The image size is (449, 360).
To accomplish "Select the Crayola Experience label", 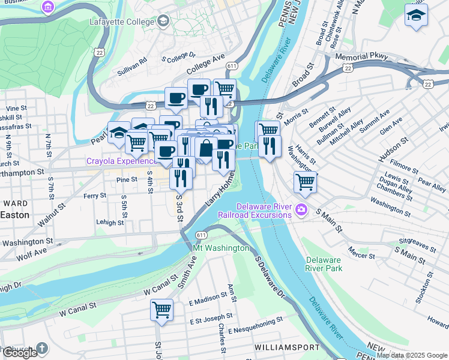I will (x=121, y=161).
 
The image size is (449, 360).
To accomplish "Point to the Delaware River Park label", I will (x=324, y=264).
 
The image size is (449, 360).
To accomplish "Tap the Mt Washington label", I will (x=221, y=248).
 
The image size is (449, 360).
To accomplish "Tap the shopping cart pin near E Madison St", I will (x=161, y=310).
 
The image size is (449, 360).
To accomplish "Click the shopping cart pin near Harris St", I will (x=306, y=181).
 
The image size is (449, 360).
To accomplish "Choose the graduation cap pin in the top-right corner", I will (x=416, y=16).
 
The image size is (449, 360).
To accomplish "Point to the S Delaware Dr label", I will (x=270, y=278).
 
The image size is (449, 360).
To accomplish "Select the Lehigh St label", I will (x=110, y=222).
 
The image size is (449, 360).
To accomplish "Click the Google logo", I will (x=20, y=353).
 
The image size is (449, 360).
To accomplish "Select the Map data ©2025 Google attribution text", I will (x=412, y=355).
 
